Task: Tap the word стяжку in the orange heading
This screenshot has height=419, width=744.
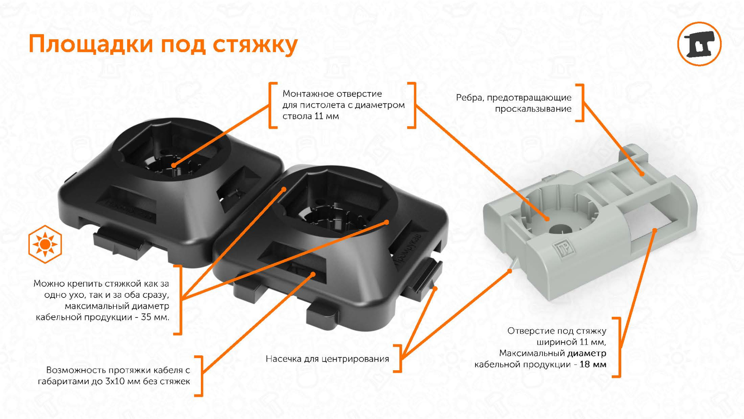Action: pos(255,45)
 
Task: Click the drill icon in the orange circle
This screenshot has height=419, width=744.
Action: pos(699,44)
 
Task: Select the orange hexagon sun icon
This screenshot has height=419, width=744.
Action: pos(45,244)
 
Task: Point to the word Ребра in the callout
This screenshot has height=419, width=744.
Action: pos(470,97)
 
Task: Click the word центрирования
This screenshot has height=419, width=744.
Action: pos(355,359)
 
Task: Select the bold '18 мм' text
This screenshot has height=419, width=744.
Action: pos(593,364)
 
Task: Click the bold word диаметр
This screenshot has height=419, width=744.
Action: pos(587,353)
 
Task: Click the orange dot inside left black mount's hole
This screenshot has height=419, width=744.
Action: pos(174,165)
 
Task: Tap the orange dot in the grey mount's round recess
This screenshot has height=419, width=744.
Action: pos(547,219)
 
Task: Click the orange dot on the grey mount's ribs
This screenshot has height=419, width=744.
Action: pos(642,174)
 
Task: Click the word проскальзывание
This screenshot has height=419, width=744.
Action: pos(533,109)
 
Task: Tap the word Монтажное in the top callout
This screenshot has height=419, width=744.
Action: pos(305,94)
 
